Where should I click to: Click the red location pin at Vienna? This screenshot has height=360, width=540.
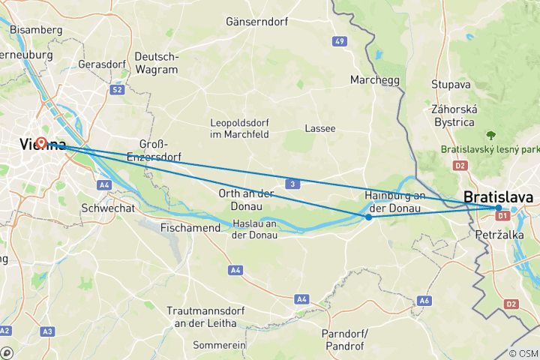click(41, 142)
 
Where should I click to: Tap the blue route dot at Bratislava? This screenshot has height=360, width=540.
click(499, 208)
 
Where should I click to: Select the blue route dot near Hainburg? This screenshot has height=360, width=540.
click(368, 217)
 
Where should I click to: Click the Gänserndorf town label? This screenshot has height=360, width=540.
click(257, 22)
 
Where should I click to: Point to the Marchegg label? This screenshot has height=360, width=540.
click(375, 80)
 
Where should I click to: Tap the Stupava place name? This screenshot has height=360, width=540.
click(450, 84)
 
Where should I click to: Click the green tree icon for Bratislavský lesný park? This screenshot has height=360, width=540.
click(491, 136)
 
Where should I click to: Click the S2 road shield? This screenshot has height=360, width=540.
click(117, 89)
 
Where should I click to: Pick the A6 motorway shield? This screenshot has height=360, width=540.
click(424, 300)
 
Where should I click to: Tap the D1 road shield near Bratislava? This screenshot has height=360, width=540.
click(503, 217)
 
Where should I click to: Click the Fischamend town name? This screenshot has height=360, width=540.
click(190, 228)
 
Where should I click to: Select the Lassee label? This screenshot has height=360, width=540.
click(320, 128)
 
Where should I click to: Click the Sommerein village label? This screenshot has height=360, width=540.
click(219, 345)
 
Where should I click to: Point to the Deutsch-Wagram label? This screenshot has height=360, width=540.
click(157, 63)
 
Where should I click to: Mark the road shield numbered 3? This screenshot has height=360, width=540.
click(290, 184)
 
